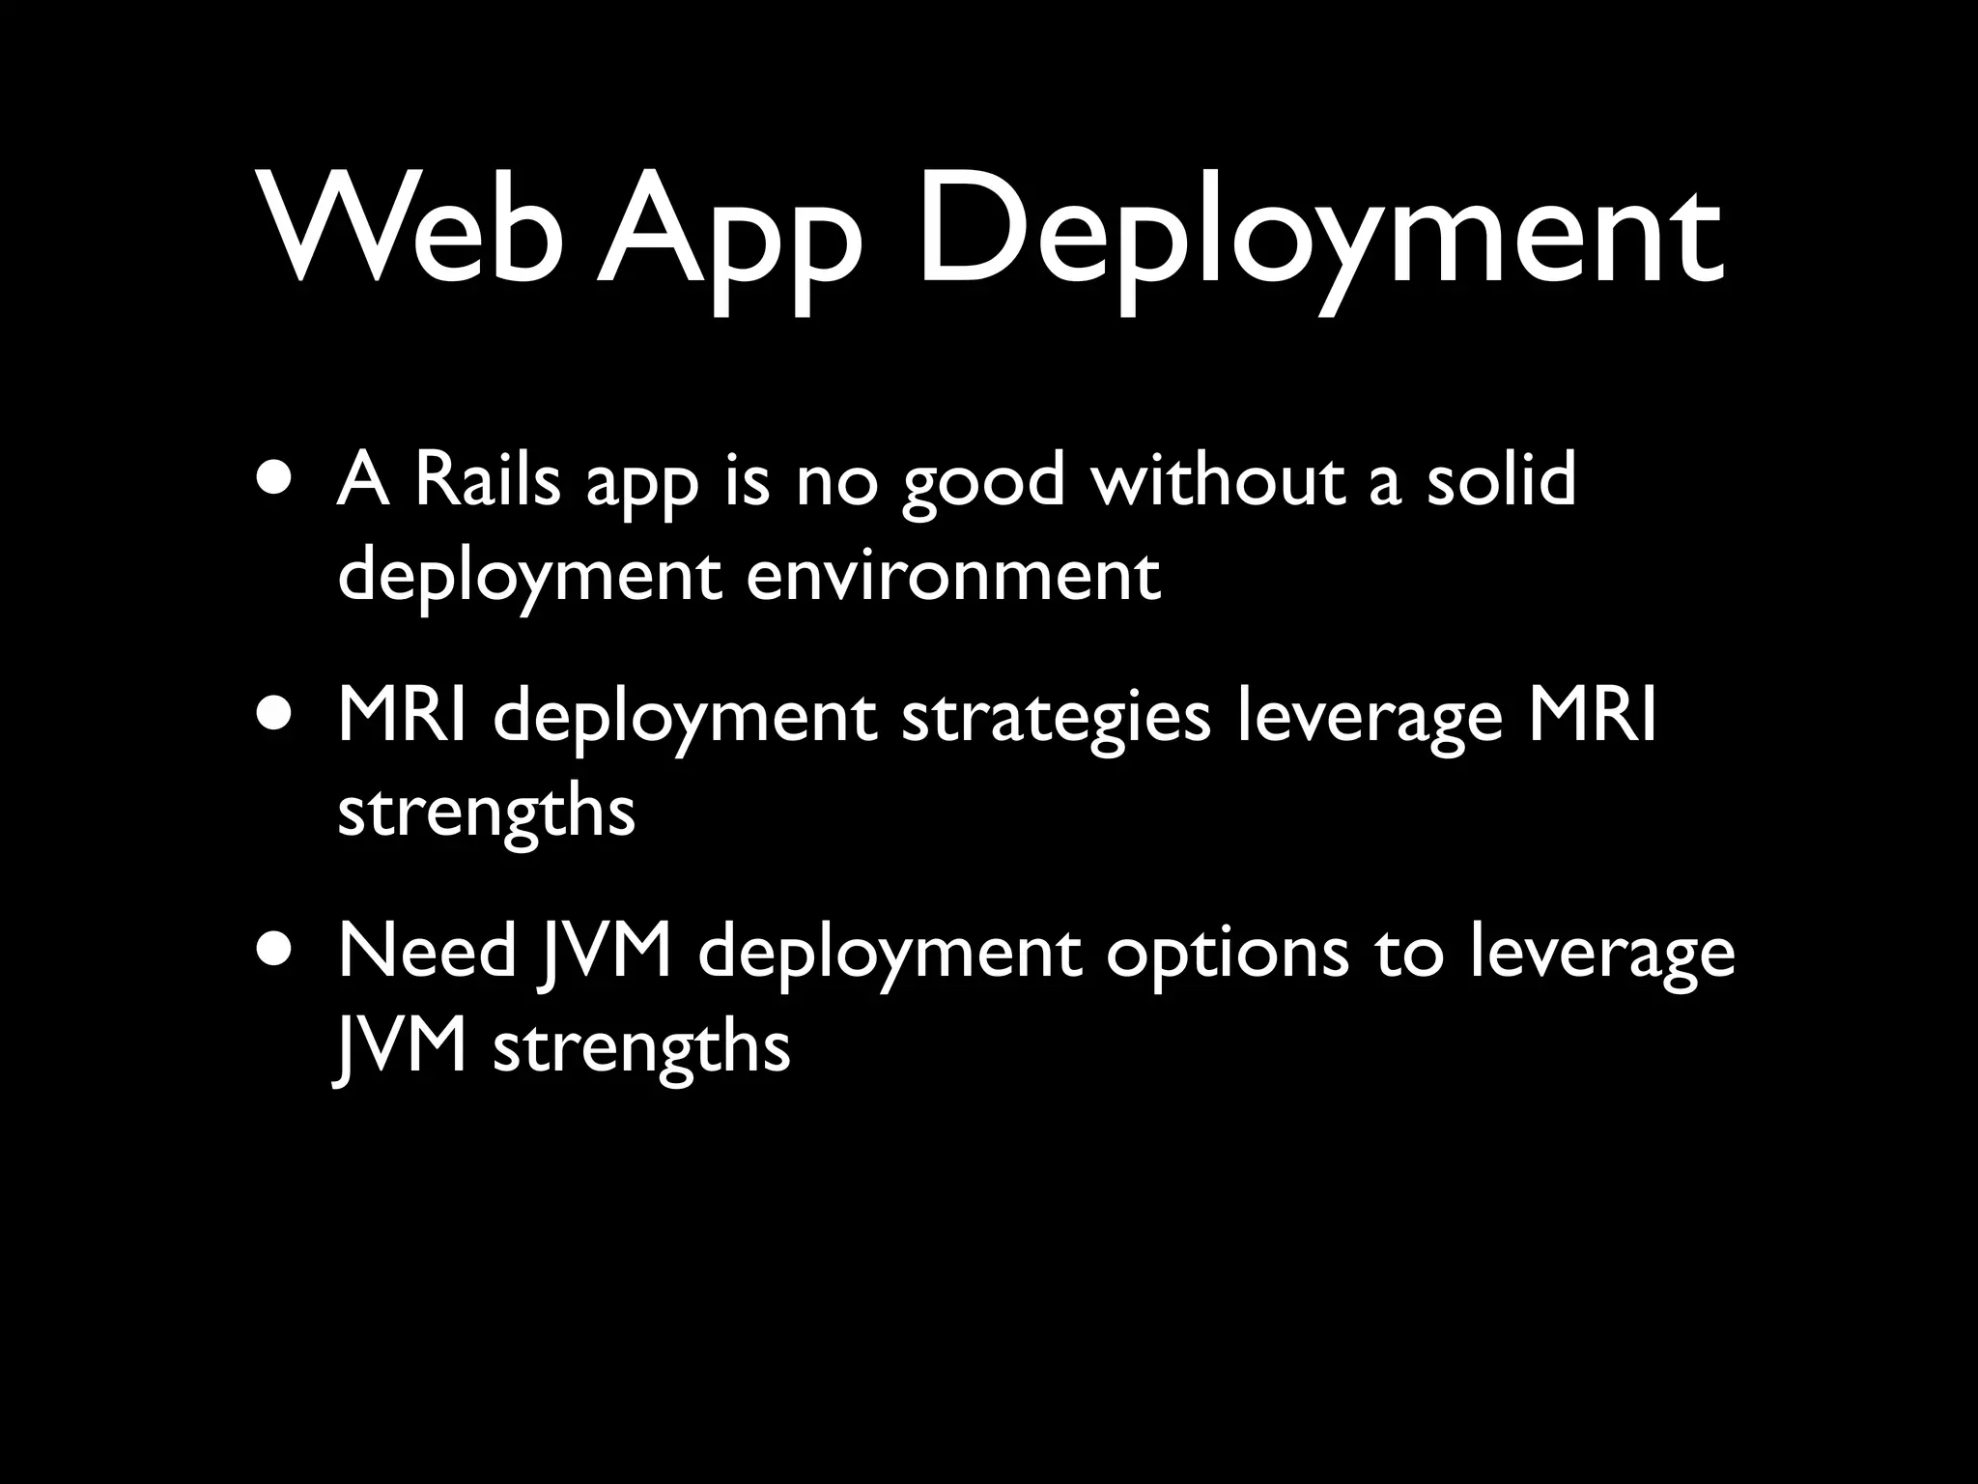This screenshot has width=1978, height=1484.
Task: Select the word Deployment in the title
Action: pos(1319,237)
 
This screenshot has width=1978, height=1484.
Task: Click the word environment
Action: pos(953,577)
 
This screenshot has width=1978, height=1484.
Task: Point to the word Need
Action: pos(427,953)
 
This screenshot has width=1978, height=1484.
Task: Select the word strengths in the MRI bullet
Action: pos(486,816)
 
